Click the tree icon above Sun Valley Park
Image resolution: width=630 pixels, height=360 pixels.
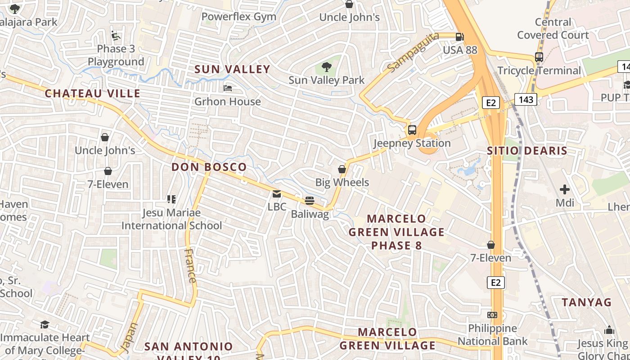pos(327,67)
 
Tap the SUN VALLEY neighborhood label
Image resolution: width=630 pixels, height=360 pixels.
pos(232,69)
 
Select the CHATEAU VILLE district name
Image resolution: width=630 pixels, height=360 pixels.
pos(93,94)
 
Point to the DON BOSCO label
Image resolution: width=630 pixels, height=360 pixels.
pos(209,167)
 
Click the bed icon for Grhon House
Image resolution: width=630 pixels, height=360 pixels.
pos(228,88)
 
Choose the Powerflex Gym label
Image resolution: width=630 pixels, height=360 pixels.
pos(238,17)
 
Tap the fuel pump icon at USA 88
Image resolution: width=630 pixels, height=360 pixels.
pos(459,37)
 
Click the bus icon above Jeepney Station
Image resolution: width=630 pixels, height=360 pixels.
pos(412,130)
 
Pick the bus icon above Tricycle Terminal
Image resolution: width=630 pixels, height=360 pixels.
pos(539,57)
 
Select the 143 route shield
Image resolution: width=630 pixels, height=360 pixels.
pos(526,99)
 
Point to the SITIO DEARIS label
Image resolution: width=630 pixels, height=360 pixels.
pos(527,151)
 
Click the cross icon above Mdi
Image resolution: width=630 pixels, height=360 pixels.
pos(564,189)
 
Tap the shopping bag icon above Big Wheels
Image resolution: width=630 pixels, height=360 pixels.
pos(342,169)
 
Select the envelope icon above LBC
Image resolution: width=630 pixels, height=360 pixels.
pos(277,194)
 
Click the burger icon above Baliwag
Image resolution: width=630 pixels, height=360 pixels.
pos(310,201)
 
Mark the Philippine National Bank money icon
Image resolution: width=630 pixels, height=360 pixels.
pos(492,315)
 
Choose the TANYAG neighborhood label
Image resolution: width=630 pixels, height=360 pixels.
pos(587,302)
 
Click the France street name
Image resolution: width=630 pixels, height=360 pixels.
pos(191,265)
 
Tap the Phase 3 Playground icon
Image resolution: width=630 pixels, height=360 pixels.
pos(115,35)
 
